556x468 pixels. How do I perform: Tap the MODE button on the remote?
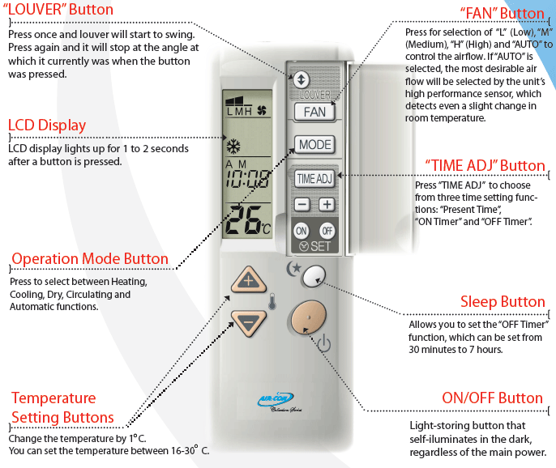click(x=314, y=145)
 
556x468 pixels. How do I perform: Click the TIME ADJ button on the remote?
click(x=314, y=178)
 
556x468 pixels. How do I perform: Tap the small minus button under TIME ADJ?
click(x=301, y=205)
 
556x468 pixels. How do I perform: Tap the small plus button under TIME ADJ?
click(x=326, y=205)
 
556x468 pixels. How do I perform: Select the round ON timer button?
click(x=302, y=229)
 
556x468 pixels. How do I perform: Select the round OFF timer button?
click(x=326, y=229)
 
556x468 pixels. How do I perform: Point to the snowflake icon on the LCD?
click(x=233, y=147)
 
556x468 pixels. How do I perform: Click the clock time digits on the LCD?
click(x=248, y=180)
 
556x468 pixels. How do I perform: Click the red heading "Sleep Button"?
click(x=503, y=302)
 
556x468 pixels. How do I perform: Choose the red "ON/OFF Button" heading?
click(x=492, y=398)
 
